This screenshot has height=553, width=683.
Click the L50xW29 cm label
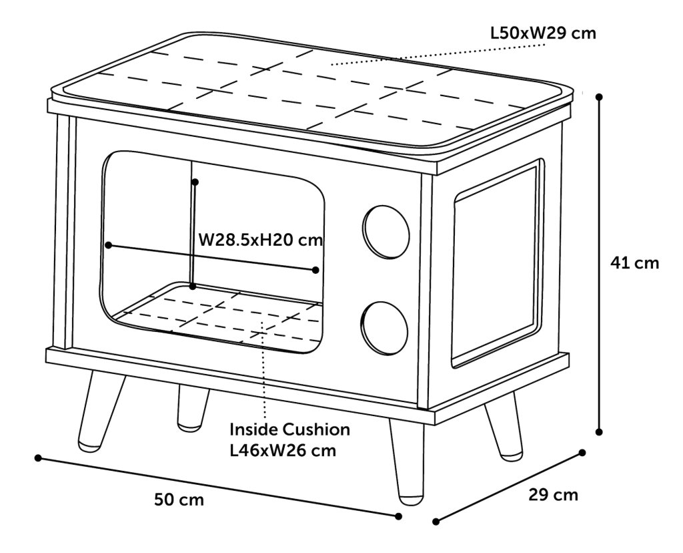coord(543,33)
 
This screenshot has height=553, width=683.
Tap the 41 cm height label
coord(635,262)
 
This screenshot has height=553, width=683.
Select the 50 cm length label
coord(179,500)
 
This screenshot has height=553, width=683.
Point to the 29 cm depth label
coord(553,495)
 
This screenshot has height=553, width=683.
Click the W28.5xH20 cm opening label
coord(261,239)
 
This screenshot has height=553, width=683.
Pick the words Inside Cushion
coord(289,429)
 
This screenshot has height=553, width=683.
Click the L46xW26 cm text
coord(283,450)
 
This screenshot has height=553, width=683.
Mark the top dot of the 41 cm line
coord(600,97)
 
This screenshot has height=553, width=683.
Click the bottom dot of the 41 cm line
coord(599,431)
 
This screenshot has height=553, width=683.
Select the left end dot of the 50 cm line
coord(38,458)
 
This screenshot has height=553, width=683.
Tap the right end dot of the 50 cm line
coord(398,516)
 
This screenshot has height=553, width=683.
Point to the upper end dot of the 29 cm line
coord(582,453)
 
